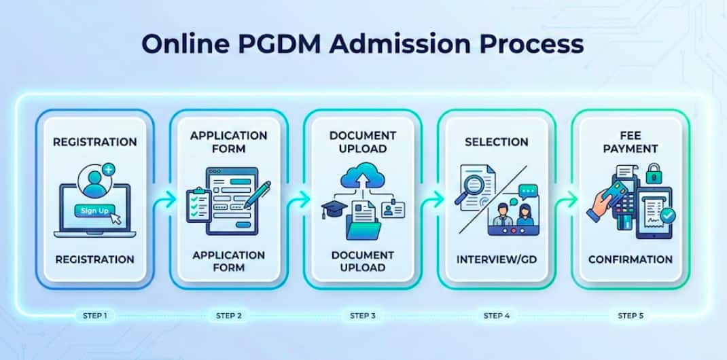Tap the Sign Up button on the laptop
click(94, 211)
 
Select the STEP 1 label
click(94, 315)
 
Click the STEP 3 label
click(363, 315)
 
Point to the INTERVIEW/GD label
click(497, 259)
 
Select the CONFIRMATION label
click(631, 259)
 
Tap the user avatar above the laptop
click(94, 180)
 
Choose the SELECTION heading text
click(497, 142)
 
